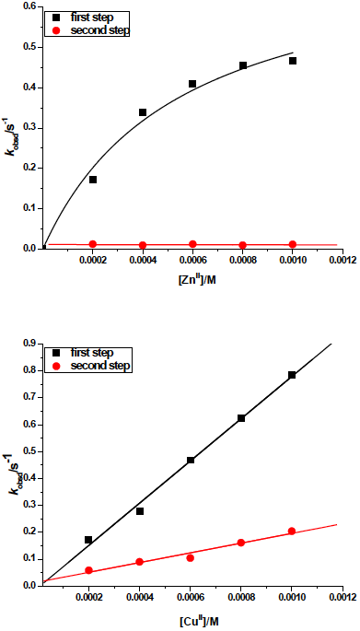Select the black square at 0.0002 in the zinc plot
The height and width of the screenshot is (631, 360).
point(93,180)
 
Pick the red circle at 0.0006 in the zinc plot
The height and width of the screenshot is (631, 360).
point(192,244)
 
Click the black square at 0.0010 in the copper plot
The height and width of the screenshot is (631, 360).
point(293,375)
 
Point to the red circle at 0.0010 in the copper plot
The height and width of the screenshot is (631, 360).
point(293,531)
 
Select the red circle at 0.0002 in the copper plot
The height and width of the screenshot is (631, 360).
point(89,571)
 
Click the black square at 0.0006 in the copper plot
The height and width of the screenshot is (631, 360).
point(191,460)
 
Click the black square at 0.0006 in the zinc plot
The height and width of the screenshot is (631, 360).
point(192,84)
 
